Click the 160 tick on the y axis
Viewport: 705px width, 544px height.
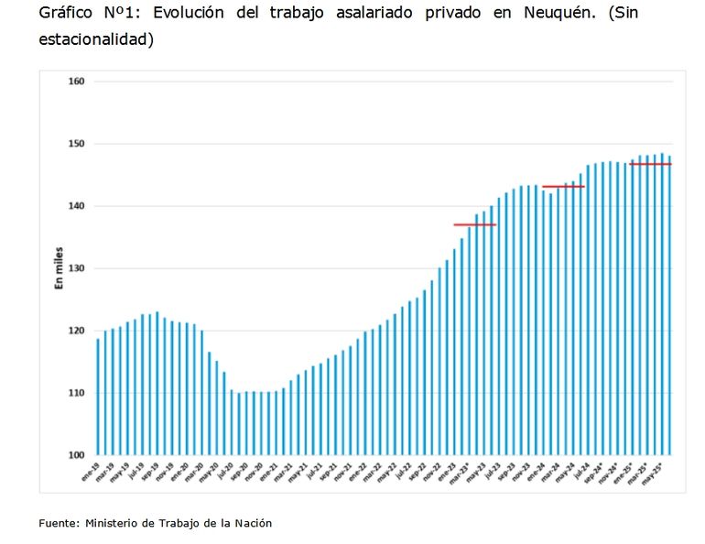tap(76, 82)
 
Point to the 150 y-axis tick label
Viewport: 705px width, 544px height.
tap(76, 144)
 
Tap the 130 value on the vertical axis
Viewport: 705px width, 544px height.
tap(76, 268)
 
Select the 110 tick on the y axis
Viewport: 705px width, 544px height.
tap(76, 393)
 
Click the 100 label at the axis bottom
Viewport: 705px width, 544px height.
tap(76, 455)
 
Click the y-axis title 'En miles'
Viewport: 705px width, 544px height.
tap(59, 268)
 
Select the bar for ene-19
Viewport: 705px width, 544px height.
tap(98, 397)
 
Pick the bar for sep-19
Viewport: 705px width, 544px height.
tap(157, 383)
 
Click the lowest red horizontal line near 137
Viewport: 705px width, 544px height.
tap(474, 224)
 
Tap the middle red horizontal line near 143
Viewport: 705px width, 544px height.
tap(563, 187)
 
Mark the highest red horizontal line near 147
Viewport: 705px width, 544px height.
tap(650, 164)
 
